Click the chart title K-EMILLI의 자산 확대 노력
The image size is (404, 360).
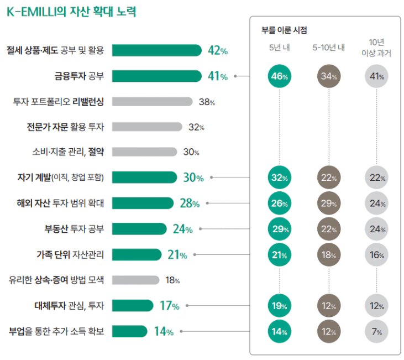(71, 11)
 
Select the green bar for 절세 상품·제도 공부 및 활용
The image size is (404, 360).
(156, 50)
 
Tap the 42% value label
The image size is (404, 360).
(217, 51)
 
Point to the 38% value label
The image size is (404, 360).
(206, 102)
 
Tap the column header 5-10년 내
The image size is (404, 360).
(328, 48)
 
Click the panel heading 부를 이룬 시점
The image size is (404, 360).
(285, 29)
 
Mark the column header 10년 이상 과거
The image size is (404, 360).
(377, 48)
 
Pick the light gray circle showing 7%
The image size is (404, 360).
(377, 332)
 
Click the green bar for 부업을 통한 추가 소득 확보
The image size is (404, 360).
(130, 332)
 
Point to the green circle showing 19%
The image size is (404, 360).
(279, 306)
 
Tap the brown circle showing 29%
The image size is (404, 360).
(329, 204)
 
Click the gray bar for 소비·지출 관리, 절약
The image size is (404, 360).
(144, 152)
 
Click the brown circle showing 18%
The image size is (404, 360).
(329, 255)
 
